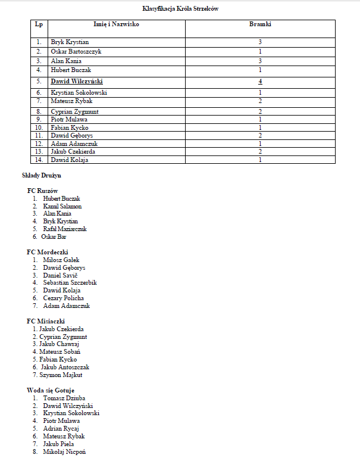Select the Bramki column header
[x=260, y=24]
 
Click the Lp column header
[x=39, y=24]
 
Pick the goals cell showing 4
[x=260, y=81]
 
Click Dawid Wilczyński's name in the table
[x=79, y=81]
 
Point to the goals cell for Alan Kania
[x=260, y=61]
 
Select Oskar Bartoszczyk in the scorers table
[x=76, y=52]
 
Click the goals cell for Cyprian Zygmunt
[x=260, y=111]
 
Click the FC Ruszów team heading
[x=43, y=191]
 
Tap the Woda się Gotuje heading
[x=51, y=390]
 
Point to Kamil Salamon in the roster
[x=62, y=206]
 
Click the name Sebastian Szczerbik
[x=70, y=283]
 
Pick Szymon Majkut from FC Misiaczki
[x=61, y=375]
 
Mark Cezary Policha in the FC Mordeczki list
[x=63, y=298]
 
